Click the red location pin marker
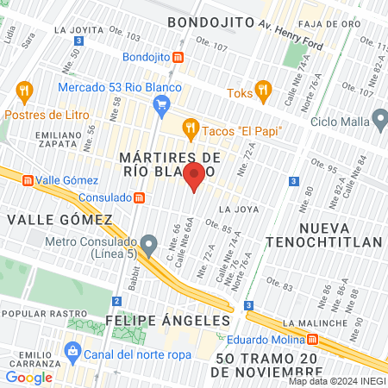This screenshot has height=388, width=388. pos(195,176)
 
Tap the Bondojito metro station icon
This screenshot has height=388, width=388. pos(178,57)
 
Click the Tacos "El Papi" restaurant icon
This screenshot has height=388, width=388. pos(191,130)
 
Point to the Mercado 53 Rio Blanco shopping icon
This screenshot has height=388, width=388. pos(160,105)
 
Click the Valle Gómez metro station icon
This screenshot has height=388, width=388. pos(28,180)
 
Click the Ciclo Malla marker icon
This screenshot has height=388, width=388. pos(379,118)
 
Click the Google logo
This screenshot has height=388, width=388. pos(28,377)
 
